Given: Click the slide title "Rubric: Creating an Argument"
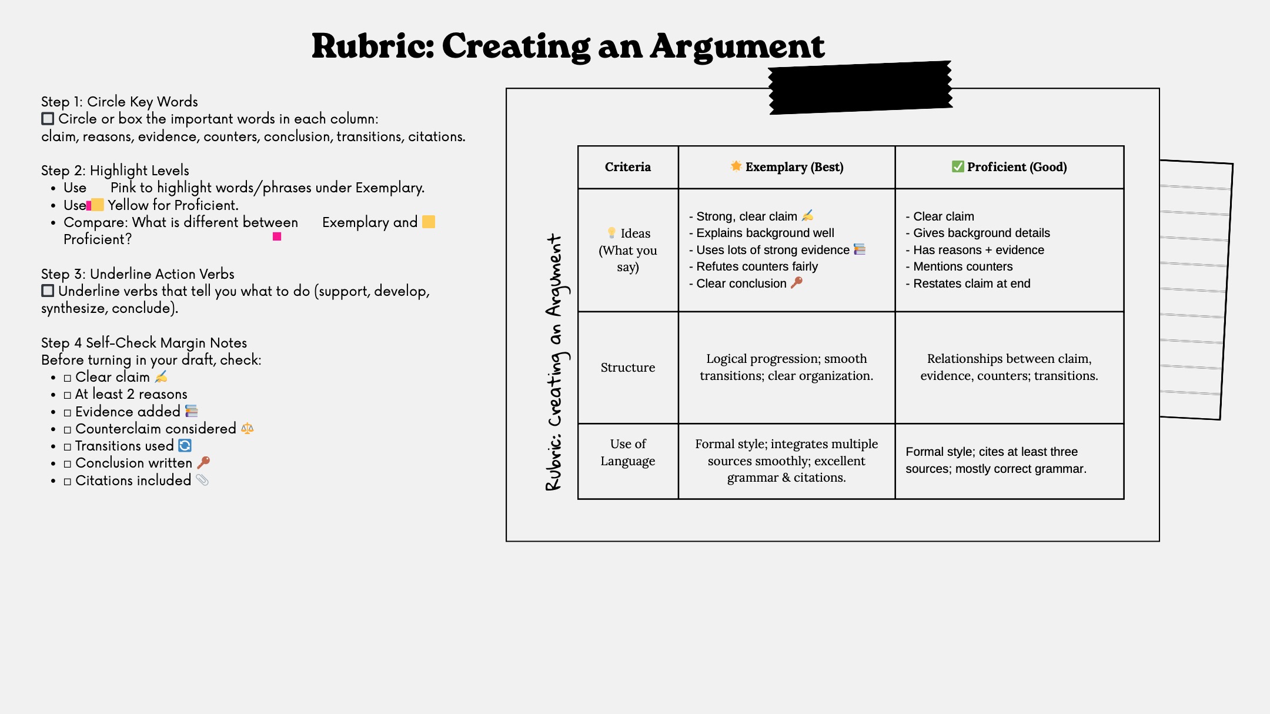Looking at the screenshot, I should [x=567, y=46].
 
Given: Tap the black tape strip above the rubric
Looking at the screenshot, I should [x=860, y=88].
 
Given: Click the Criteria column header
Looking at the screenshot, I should [x=627, y=167].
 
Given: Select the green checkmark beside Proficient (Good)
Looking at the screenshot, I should [x=958, y=166].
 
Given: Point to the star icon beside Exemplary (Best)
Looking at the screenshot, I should [x=736, y=166].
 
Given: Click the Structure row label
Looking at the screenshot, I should [x=627, y=368].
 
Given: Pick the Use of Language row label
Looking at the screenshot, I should [x=627, y=452].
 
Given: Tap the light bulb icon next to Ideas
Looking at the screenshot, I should [x=611, y=233].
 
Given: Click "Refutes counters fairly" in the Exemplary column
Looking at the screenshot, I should [x=757, y=266].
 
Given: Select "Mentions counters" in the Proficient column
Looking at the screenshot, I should [x=962, y=266].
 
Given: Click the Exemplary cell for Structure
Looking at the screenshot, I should [x=786, y=367].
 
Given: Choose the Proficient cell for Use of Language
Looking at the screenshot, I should [x=996, y=460].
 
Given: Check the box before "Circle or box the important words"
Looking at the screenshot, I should [x=48, y=119].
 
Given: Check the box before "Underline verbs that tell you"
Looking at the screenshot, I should [x=48, y=291].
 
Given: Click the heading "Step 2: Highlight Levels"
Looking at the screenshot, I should [x=115, y=171].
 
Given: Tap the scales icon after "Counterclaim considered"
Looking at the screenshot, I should [x=248, y=428].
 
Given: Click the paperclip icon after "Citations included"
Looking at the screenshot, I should [x=202, y=480].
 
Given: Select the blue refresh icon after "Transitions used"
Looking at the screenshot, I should [x=185, y=446].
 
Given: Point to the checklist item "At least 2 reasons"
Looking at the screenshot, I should [x=131, y=394].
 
